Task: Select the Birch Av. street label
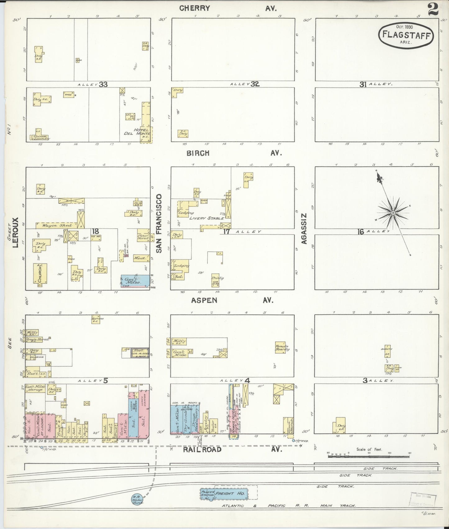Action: pos(233,153)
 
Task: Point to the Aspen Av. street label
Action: pos(231,300)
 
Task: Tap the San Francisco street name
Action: pos(159,223)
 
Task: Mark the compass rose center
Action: pos(393,213)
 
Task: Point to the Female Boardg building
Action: pos(282,348)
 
